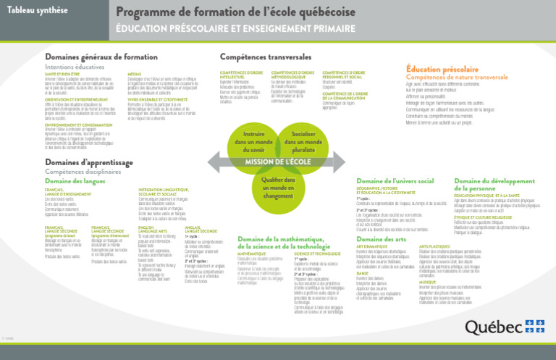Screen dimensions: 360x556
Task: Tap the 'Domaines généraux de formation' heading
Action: pos(101,56)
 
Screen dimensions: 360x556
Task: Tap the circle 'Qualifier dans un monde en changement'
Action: pos(268,188)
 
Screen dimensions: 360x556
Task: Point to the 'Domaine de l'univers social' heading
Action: pos(395,180)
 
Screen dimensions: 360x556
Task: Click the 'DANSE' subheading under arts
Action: pos(363,273)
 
